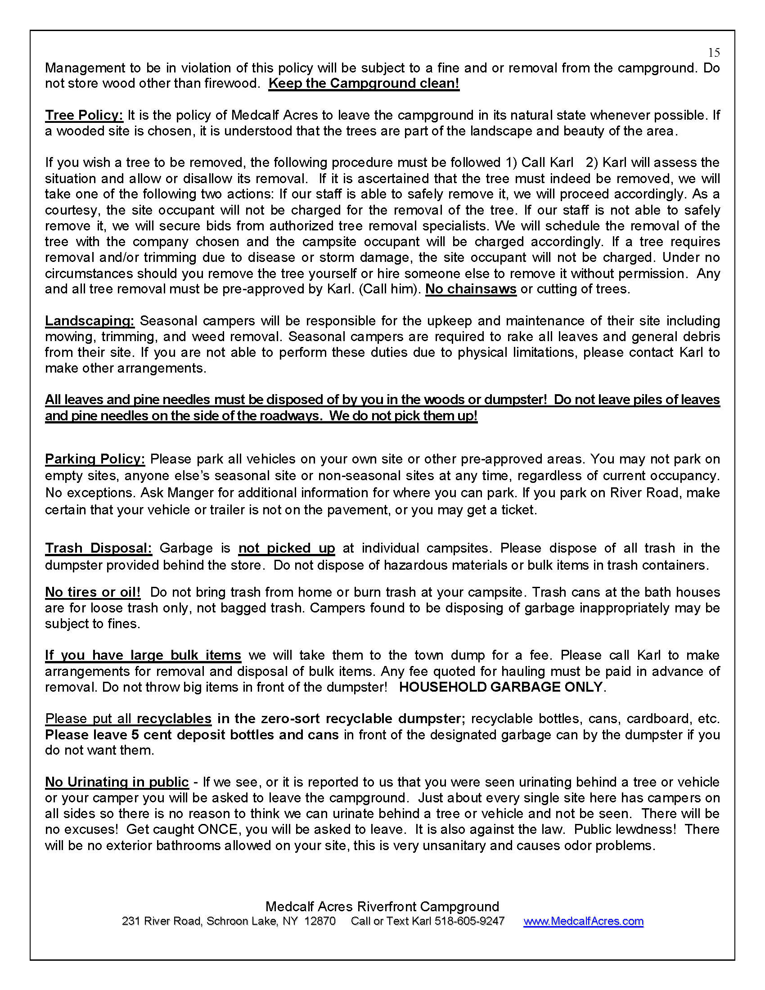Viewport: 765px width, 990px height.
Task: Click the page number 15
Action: [x=714, y=53]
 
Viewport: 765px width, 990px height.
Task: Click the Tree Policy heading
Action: [x=84, y=115]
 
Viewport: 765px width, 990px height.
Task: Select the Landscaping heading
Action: [x=90, y=321]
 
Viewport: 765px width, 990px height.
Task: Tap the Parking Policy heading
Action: [x=94, y=459]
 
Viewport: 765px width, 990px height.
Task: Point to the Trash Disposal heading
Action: [x=99, y=548]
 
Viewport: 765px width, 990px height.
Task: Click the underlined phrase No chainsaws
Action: [x=470, y=289]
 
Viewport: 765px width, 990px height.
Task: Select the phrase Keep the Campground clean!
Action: [x=364, y=83]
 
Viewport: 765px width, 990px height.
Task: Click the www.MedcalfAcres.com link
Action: [x=583, y=921]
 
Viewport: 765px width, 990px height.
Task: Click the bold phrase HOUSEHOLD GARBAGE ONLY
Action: [x=501, y=687]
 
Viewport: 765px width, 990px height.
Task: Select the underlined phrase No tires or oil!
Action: [x=93, y=593]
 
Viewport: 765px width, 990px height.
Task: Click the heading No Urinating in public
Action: [x=117, y=783]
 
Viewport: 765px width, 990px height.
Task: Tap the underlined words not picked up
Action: [x=286, y=548]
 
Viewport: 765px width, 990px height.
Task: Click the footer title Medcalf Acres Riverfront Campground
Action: [x=382, y=906]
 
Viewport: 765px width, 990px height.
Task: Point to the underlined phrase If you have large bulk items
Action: [x=143, y=656]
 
